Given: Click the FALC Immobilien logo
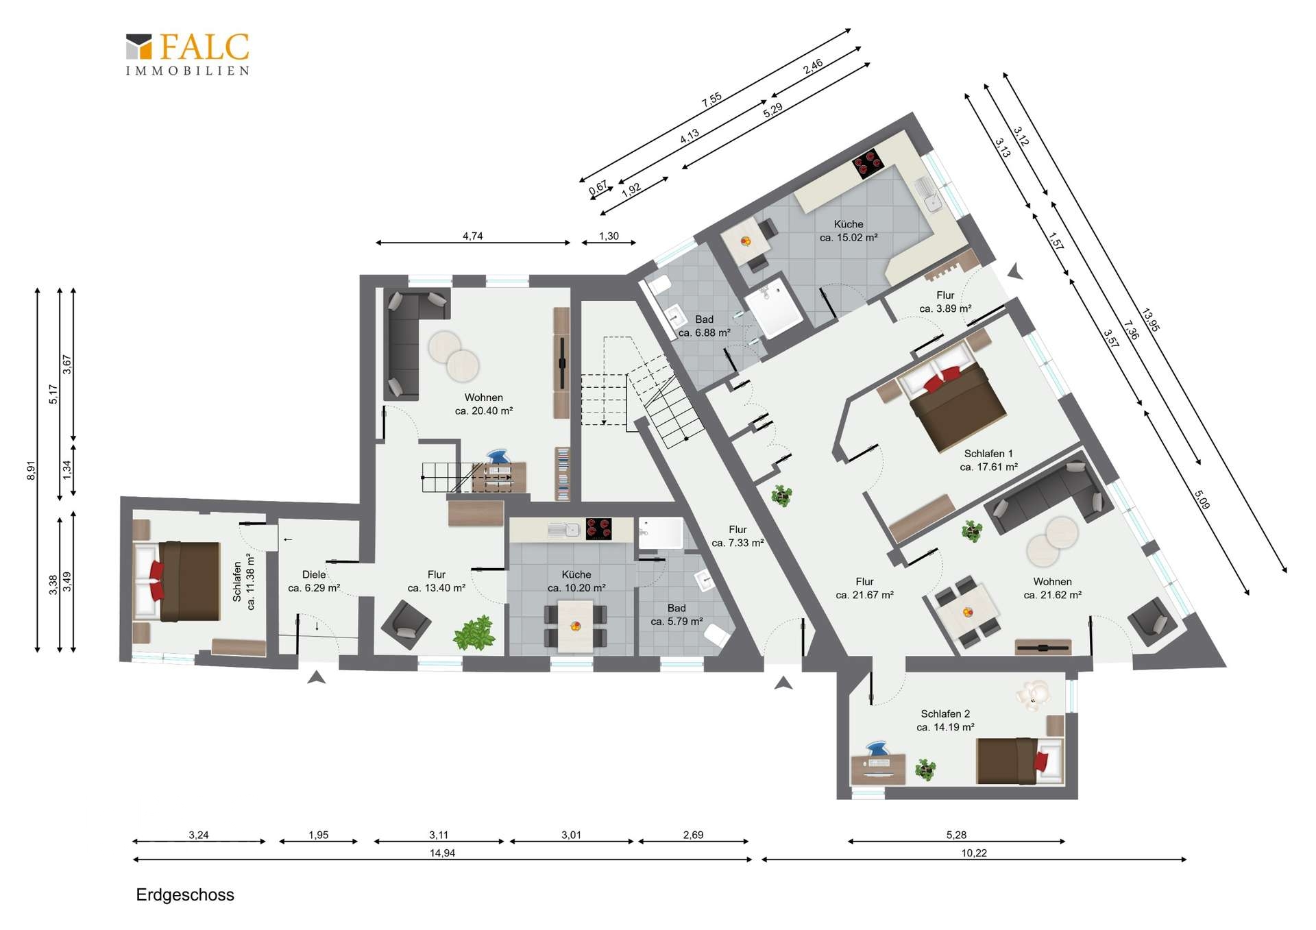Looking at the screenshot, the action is (187, 53).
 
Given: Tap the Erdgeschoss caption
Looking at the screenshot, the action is (185, 895).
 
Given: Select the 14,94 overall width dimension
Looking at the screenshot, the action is (442, 854).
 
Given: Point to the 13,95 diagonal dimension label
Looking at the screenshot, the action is (1151, 321).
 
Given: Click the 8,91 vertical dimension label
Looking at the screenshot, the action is (31, 470).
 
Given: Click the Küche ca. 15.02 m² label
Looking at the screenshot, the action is (849, 231).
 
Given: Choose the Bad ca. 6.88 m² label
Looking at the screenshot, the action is (704, 326).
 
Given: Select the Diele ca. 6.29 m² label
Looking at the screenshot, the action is (314, 581).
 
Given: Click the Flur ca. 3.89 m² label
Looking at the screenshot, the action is (945, 302).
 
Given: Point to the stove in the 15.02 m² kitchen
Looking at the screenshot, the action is (868, 164).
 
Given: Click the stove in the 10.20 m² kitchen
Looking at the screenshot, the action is (598, 529).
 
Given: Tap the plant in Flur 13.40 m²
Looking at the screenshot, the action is (474, 633).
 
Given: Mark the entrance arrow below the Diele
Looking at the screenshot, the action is (316, 677).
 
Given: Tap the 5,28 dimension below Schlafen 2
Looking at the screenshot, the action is (956, 835).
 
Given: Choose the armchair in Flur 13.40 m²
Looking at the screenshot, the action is (406, 624).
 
